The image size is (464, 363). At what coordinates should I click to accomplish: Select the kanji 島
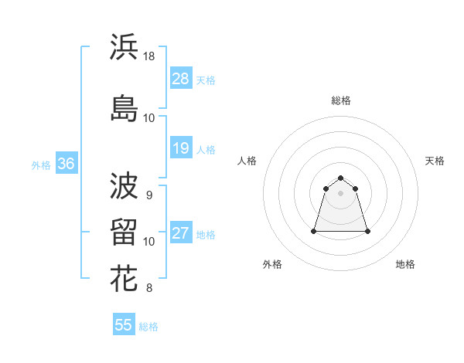click(124, 107)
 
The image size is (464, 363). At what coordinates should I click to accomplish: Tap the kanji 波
click(124, 185)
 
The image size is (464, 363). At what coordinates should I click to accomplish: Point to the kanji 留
click(124, 232)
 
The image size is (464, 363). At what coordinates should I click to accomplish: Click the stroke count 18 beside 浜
click(149, 56)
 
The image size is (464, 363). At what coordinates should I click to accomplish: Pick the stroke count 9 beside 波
click(148, 195)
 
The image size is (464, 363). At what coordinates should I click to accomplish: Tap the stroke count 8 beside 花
click(148, 289)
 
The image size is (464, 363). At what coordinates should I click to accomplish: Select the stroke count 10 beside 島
click(149, 118)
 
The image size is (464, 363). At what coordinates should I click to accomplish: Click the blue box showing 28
click(181, 79)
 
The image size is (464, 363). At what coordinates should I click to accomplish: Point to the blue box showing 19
click(181, 148)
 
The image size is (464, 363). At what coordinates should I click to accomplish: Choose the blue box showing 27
click(181, 233)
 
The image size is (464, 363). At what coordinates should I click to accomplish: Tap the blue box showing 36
click(66, 164)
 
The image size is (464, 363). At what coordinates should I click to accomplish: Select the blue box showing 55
click(124, 325)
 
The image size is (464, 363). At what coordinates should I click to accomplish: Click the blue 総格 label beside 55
click(148, 327)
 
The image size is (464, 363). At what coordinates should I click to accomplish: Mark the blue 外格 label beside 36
click(41, 165)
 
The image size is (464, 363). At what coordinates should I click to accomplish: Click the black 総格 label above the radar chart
click(341, 100)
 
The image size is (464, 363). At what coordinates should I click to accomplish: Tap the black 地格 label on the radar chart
click(405, 264)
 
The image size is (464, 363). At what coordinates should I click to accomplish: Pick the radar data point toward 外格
click(315, 231)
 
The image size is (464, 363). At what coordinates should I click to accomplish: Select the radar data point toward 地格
click(367, 231)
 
